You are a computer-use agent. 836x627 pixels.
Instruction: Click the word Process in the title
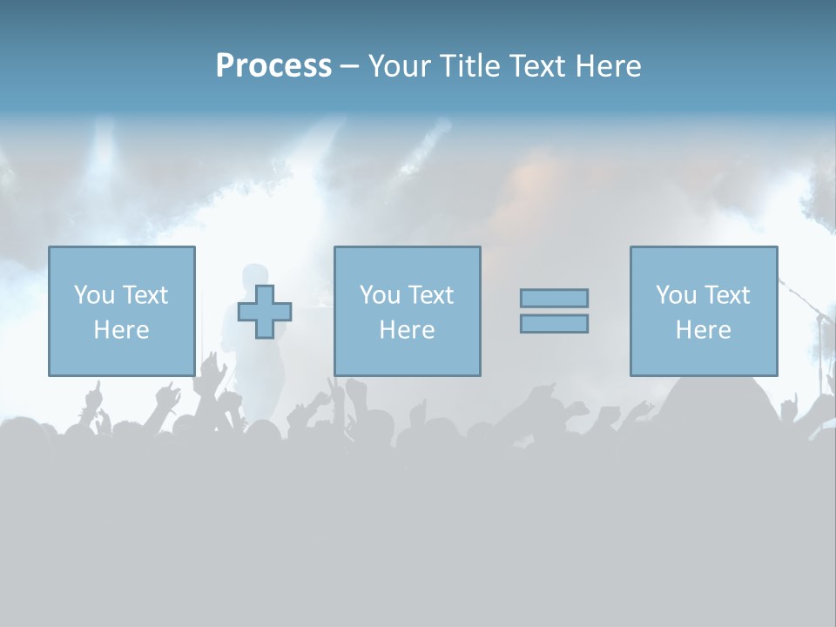pyautogui.click(x=273, y=66)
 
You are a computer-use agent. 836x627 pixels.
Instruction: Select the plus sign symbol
pyautogui.click(x=265, y=312)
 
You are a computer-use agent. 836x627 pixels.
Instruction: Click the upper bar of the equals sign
pyautogui.click(x=554, y=298)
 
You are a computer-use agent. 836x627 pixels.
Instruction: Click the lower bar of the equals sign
pyautogui.click(x=554, y=323)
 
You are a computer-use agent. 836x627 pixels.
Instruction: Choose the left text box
pyautogui.click(x=121, y=311)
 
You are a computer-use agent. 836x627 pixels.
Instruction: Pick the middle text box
pyautogui.click(x=407, y=311)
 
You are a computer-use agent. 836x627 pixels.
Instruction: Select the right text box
pyautogui.click(x=703, y=311)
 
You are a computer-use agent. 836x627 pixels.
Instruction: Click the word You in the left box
pyautogui.click(x=94, y=295)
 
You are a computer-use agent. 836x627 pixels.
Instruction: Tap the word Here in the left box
pyautogui.click(x=121, y=330)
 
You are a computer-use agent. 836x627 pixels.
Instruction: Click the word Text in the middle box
pyautogui.click(x=431, y=295)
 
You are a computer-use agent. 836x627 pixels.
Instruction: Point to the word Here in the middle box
pyautogui.click(x=407, y=330)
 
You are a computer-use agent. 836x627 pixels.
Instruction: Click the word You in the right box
pyautogui.click(x=676, y=295)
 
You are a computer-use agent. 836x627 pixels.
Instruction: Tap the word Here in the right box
pyautogui.click(x=703, y=330)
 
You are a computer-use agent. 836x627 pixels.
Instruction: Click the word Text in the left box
pyautogui.click(x=145, y=295)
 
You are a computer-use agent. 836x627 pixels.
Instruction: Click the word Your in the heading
pyautogui.click(x=400, y=66)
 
